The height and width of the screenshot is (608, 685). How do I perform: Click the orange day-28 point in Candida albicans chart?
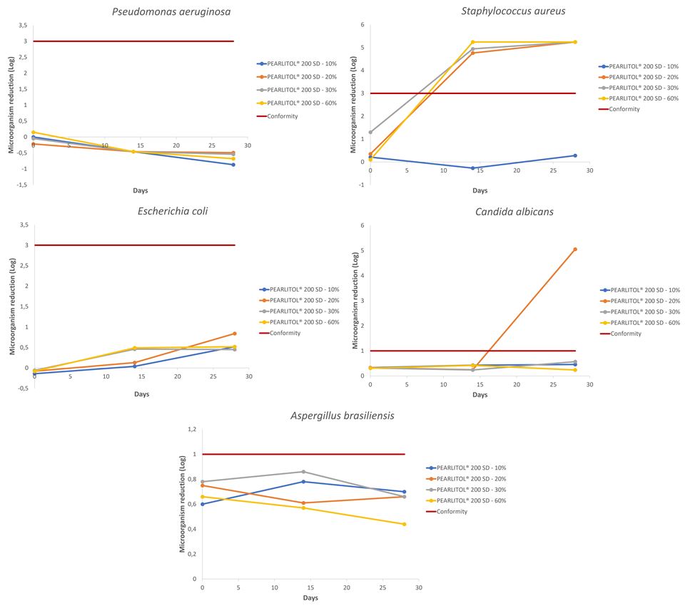(x=575, y=249)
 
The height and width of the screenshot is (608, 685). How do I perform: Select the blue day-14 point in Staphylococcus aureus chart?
(x=472, y=168)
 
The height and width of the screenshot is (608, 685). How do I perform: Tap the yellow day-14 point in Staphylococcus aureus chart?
(x=472, y=42)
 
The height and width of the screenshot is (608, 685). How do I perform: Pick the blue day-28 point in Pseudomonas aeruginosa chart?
(x=233, y=165)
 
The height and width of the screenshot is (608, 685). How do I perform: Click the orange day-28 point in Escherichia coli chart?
(x=234, y=334)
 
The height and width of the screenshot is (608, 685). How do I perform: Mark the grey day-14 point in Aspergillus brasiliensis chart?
(x=303, y=472)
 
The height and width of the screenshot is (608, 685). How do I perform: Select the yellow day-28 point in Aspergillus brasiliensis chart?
(x=404, y=525)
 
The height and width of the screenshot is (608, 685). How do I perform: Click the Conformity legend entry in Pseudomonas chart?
(x=283, y=116)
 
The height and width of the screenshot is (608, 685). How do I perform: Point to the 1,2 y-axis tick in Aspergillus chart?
(x=191, y=429)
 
